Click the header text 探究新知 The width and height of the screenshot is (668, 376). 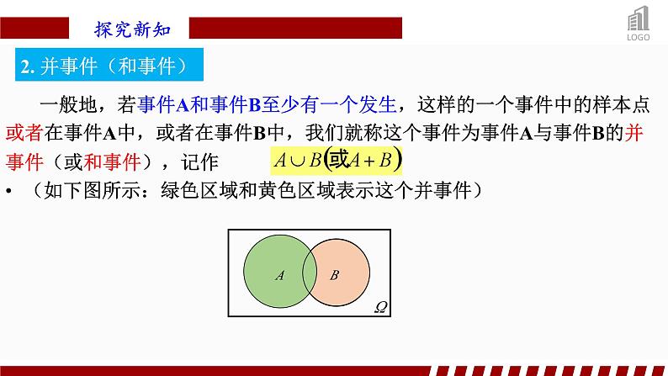click(132, 28)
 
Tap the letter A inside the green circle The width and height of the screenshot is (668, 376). click(279, 274)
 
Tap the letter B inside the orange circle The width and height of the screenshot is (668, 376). click(334, 274)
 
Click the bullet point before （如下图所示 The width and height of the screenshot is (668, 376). click(8, 191)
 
